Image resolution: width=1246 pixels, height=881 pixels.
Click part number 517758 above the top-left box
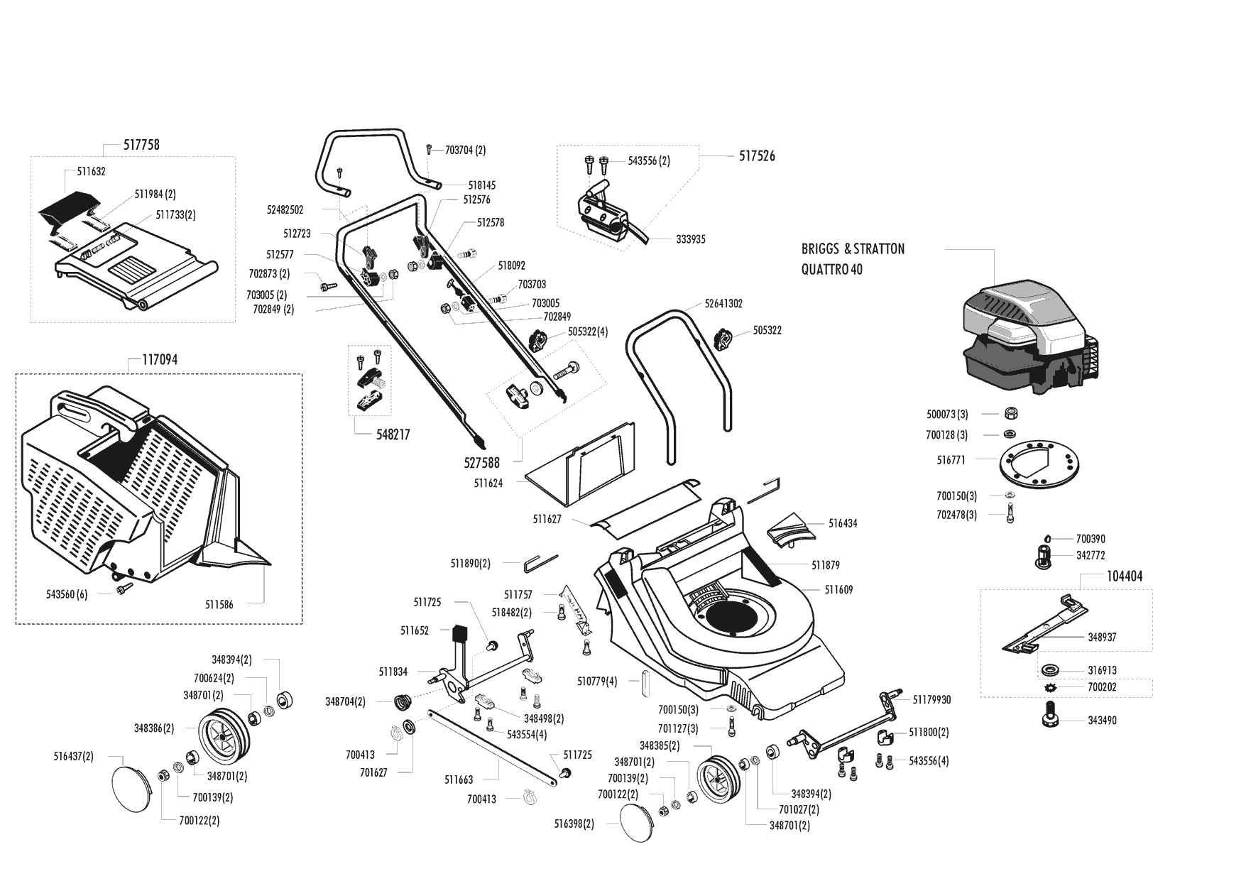click(x=141, y=145)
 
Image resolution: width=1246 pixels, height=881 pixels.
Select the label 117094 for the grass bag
click(x=160, y=360)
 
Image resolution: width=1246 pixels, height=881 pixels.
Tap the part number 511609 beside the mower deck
click(x=838, y=590)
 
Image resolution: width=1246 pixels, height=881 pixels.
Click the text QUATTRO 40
click(x=832, y=270)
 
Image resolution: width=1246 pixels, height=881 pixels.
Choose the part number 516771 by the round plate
click(x=951, y=460)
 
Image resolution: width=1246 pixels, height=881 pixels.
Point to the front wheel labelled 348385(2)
click(x=718, y=780)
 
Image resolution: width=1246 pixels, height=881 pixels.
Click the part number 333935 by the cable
click(x=691, y=240)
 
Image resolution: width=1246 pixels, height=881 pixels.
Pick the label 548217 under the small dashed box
click(x=393, y=434)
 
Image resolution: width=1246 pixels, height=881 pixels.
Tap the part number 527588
click(x=481, y=463)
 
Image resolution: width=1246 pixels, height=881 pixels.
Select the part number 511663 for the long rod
click(x=459, y=780)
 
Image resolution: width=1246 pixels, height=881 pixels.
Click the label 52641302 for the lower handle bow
click(x=723, y=304)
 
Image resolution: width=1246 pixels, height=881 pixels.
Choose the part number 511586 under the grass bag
click(x=219, y=605)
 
